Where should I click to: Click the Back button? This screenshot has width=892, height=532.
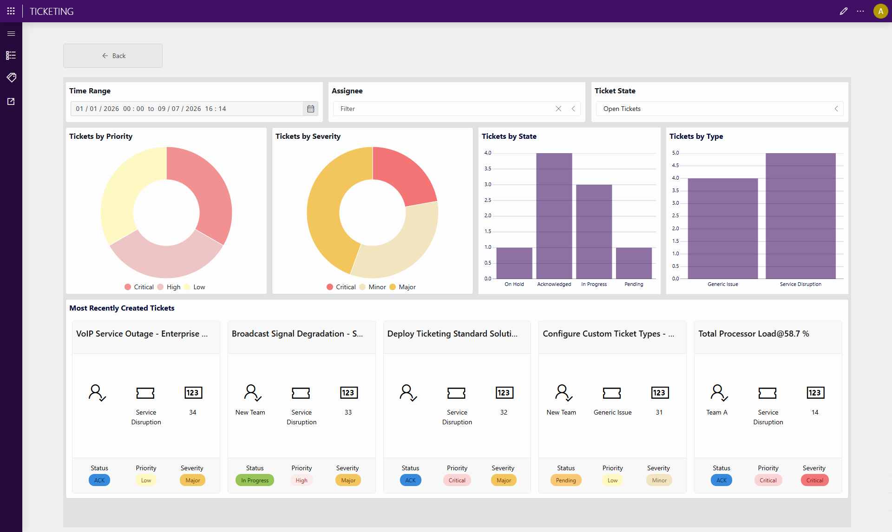point(113,56)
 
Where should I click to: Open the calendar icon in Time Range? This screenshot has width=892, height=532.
point(311,109)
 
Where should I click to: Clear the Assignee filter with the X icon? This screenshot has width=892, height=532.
point(558,109)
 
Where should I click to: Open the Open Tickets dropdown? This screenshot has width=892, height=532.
point(719,109)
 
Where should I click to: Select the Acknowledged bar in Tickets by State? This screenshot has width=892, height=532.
point(554,216)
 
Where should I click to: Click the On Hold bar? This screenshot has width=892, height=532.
point(514,263)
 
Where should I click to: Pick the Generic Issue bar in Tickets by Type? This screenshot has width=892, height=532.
point(723,228)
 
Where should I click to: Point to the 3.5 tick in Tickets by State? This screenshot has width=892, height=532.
point(487,169)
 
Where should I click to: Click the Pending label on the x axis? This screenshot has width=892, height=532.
point(634,284)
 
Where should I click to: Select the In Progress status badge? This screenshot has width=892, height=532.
point(255,480)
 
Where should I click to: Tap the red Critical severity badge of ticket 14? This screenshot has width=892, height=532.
point(814,480)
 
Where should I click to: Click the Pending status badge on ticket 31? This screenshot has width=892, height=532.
point(565,480)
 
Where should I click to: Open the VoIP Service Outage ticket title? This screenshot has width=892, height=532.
point(142,334)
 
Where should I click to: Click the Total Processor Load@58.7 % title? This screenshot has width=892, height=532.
point(754,334)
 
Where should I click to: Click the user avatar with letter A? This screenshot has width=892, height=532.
point(880,11)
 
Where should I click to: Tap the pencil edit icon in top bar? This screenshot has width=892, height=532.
point(844,11)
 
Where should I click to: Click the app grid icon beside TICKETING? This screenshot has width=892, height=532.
point(11,11)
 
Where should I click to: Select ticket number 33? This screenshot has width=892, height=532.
point(348,412)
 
